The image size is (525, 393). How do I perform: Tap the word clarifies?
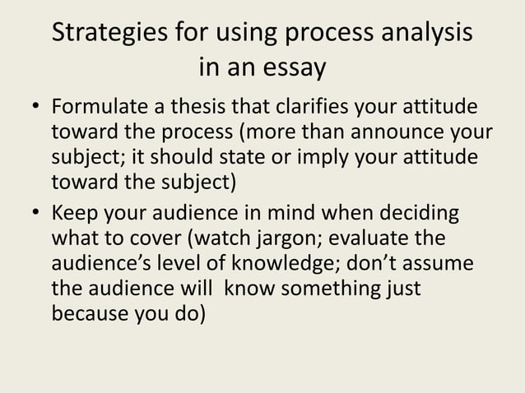(323, 109)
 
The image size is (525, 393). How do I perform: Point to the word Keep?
(72, 215)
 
